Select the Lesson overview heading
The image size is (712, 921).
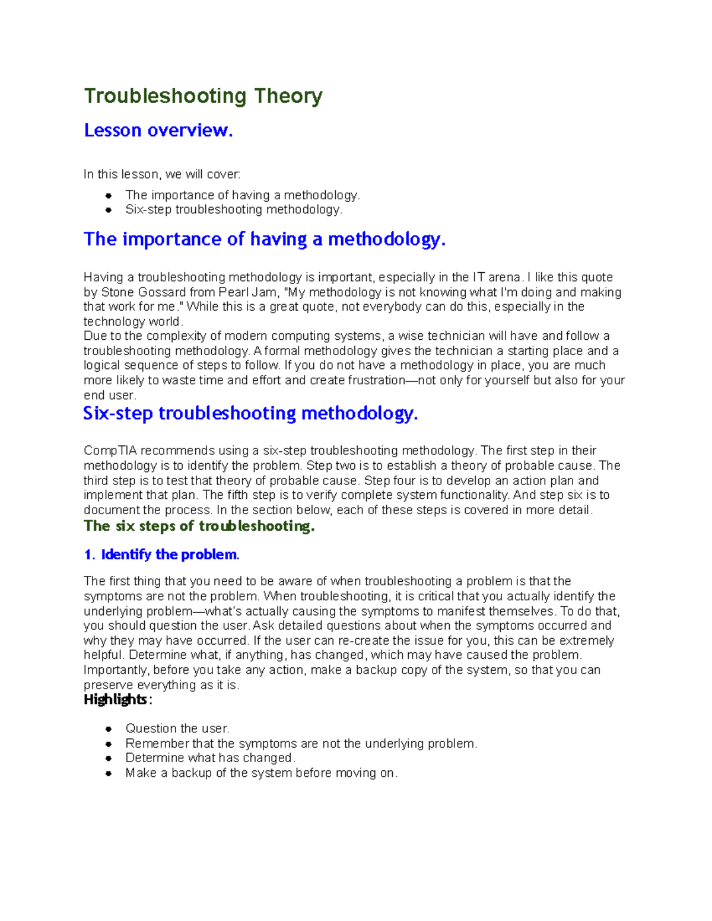coord(158,130)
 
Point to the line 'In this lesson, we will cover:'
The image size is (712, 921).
coord(162,174)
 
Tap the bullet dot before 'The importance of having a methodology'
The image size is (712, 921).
coord(109,195)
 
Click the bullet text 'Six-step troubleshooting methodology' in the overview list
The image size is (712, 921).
coord(234,210)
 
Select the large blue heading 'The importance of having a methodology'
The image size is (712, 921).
coord(264,239)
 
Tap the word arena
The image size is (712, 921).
coord(504,278)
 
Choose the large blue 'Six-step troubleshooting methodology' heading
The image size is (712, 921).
coord(250,413)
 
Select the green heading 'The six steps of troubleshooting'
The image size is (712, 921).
coord(199,526)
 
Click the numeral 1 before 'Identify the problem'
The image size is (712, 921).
coord(88,555)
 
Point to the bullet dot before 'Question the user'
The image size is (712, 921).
coord(109,729)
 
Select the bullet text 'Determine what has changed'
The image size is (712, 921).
coord(210,758)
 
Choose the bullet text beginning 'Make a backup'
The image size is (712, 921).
coord(261,773)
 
